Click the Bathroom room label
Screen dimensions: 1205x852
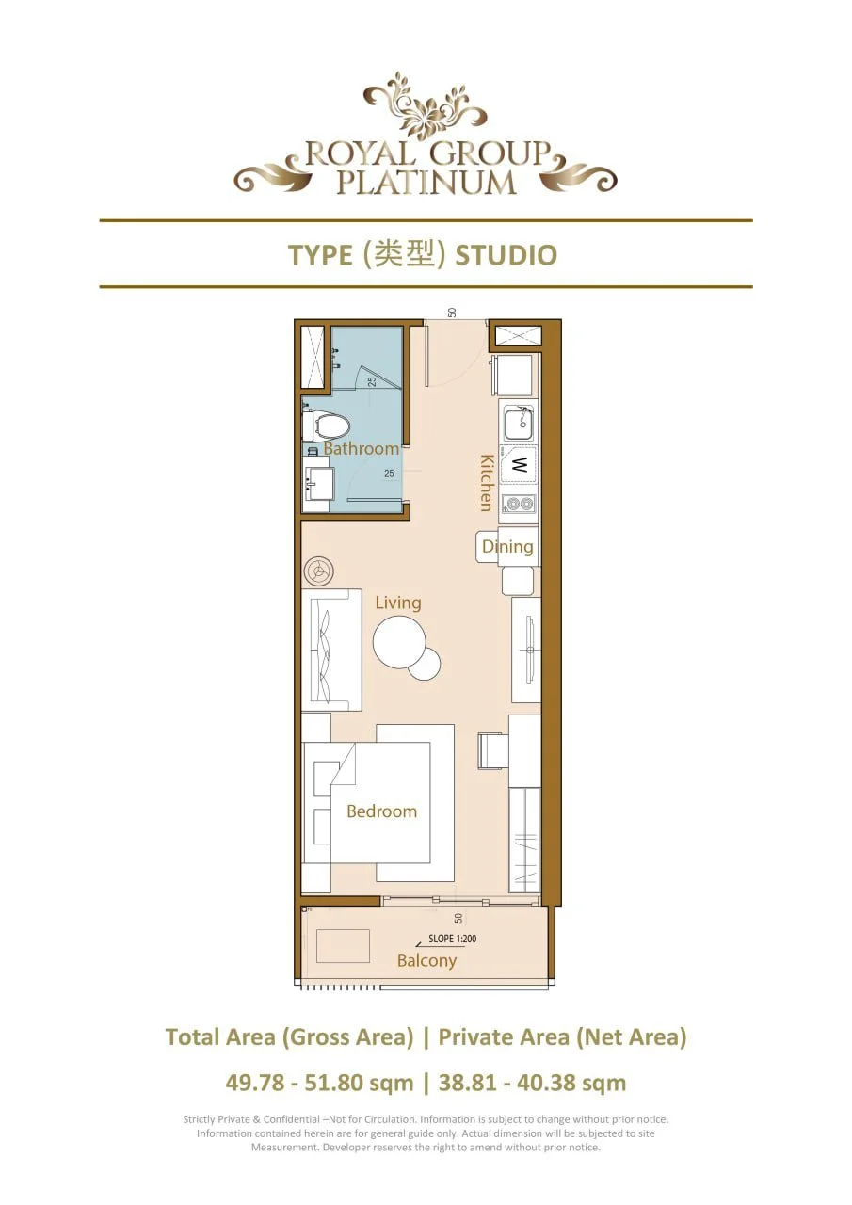click(362, 449)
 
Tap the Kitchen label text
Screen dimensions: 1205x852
click(487, 482)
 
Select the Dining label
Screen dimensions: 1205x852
click(507, 546)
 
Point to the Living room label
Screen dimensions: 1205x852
click(398, 602)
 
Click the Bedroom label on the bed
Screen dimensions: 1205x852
click(381, 811)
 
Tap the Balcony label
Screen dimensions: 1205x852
click(426, 961)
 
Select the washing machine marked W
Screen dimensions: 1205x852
click(519, 464)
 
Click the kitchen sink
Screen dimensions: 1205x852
click(518, 423)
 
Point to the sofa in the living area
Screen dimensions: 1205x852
click(330, 650)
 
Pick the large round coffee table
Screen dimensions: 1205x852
click(399, 642)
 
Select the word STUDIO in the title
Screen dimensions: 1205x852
click(506, 255)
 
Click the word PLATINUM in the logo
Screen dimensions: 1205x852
click(426, 182)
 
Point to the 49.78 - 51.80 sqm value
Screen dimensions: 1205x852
click(319, 1083)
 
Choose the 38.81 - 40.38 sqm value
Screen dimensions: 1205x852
click(532, 1083)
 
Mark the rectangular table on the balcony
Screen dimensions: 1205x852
click(343, 946)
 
